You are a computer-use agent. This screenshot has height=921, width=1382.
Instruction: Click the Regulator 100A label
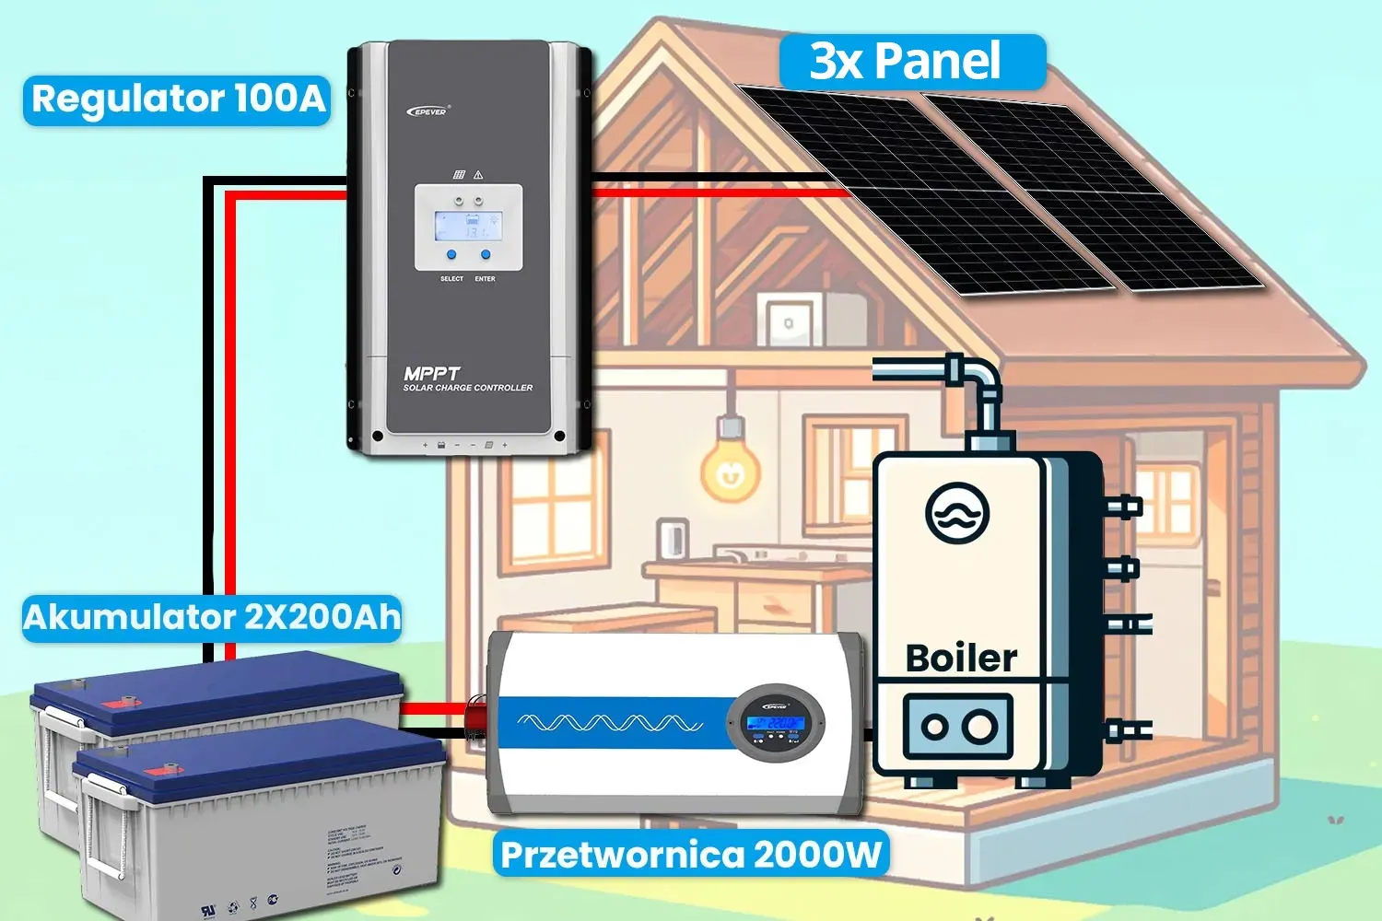click(x=177, y=99)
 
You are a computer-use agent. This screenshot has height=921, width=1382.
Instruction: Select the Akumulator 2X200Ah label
click(x=212, y=616)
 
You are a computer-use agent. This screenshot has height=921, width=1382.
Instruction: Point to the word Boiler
click(x=961, y=659)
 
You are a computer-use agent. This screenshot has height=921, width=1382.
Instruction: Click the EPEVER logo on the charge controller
click(x=427, y=111)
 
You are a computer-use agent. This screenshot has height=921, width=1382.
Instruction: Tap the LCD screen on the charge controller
click(x=468, y=227)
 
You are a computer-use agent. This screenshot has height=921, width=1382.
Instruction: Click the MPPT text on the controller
click(x=431, y=373)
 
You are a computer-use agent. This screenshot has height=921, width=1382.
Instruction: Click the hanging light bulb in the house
click(x=731, y=468)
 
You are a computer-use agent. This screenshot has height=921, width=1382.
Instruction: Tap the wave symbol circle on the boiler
click(x=957, y=513)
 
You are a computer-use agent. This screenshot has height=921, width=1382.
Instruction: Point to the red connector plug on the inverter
click(x=476, y=718)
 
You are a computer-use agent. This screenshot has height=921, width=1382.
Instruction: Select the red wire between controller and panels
click(x=719, y=192)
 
